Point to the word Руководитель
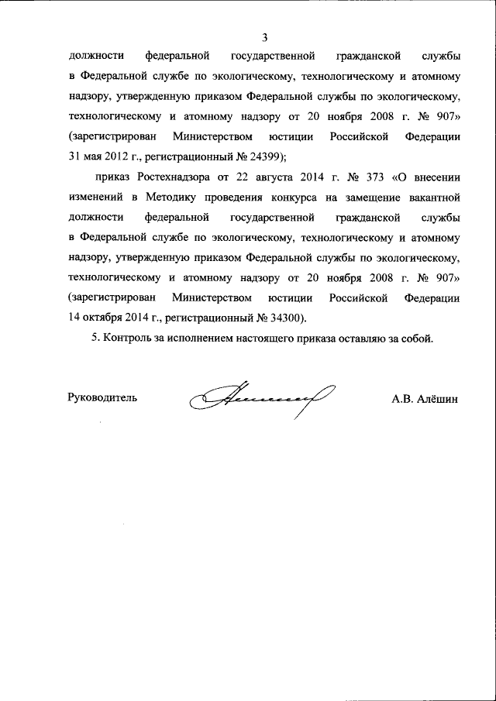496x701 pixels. [x=103, y=398]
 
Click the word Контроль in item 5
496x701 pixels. [x=126, y=338]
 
